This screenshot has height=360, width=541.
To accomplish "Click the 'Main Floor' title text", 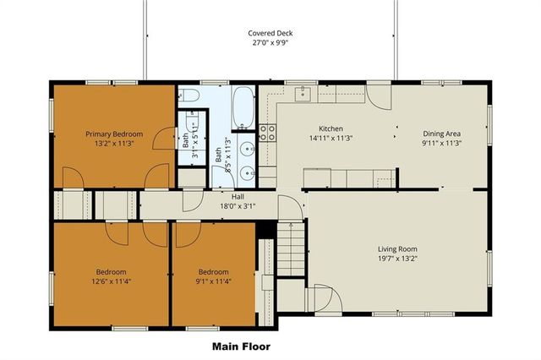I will pyautogui.click(x=240, y=346).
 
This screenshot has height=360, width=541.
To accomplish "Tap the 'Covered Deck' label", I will pyautogui.click(x=270, y=33).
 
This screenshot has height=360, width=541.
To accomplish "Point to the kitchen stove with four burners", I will pyautogui.click(x=268, y=131).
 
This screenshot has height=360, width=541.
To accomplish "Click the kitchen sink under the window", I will pyautogui.click(x=303, y=93).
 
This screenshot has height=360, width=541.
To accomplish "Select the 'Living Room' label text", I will pyautogui.click(x=397, y=249).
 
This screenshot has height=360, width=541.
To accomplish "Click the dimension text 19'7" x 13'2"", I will pyautogui.click(x=397, y=259).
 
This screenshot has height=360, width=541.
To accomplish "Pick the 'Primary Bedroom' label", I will pyautogui.click(x=114, y=134).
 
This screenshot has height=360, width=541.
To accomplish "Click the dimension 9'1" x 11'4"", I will pyautogui.click(x=214, y=281).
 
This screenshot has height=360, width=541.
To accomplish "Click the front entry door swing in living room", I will pyautogui.click(x=324, y=297).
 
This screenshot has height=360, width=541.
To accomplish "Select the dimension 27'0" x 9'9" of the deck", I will pyautogui.click(x=270, y=42).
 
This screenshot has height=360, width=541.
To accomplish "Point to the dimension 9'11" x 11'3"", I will pyautogui.click(x=441, y=143).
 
